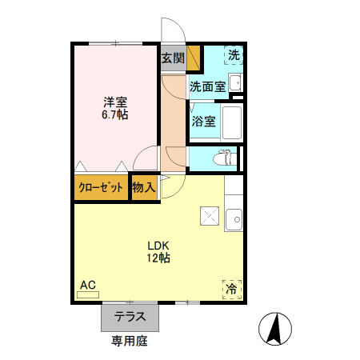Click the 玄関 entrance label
tap(172, 58)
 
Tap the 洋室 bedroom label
tap(115, 102)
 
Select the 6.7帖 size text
tap(115, 115)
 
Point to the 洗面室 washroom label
tap(206, 86)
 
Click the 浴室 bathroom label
tap(203, 122)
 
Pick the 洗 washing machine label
tap(234, 55)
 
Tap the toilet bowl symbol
tap(228, 158)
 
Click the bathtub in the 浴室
tap(232, 123)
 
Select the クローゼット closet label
tap(101, 188)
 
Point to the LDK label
tap(157, 245)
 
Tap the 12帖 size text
tap(157, 258)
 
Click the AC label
tap(88, 285)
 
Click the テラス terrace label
tap(130, 317)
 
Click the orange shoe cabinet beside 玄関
tap(194, 58)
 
